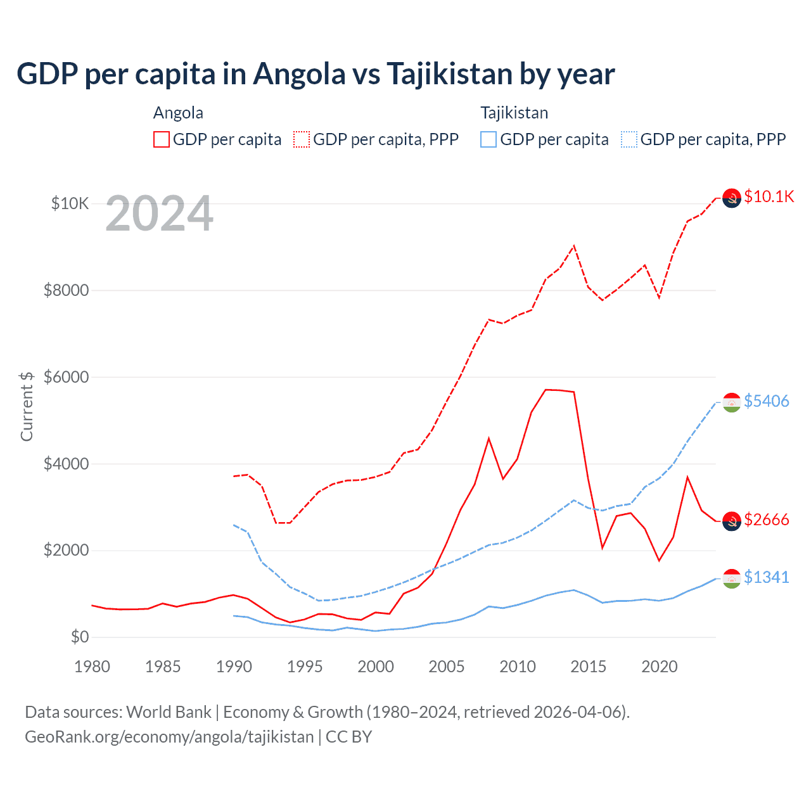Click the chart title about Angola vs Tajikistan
(x=316, y=74)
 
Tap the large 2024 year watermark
(x=160, y=214)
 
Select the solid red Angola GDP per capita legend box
(x=162, y=139)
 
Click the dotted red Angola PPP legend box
(x=302, y=139)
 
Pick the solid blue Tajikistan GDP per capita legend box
(x=489, y=139)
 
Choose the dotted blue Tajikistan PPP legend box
(x=629, y=139)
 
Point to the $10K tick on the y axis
(x=70, y=203)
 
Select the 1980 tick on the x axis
(x=93, y=667)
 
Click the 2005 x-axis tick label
(x=447, y=667)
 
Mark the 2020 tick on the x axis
(x=660, y=667)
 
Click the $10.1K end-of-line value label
(x=769, y=196)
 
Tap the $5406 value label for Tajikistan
(x=767, y=401)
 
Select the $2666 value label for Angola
(x=767, y=520)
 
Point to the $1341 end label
(x=767, y=577)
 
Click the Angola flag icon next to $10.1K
(x=732, y=198)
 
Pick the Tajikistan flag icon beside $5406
(x=732, y=402)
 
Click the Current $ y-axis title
(x=27, y=406)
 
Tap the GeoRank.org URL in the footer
(x=169, y=737)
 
